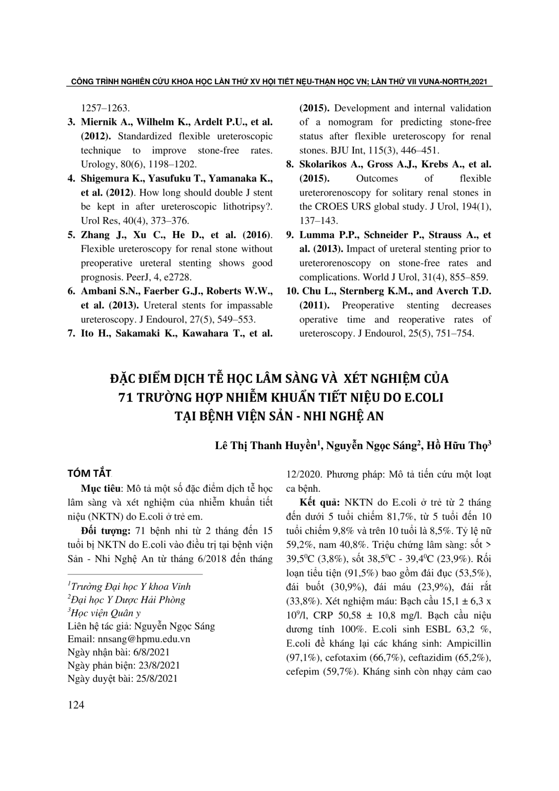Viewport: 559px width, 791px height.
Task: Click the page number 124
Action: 76,705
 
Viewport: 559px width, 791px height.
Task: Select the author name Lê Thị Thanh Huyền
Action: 268,445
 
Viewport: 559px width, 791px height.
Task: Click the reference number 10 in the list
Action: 292,291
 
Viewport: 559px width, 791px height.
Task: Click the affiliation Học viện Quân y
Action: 106,612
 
